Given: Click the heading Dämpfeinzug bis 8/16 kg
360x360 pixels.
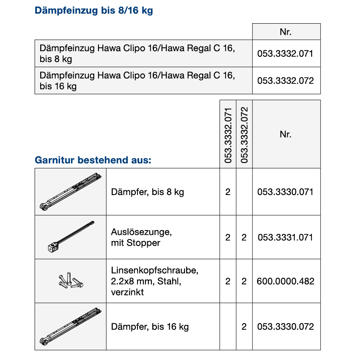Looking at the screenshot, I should tap(93, 11).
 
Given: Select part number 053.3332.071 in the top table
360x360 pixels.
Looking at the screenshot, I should tap(286, 53).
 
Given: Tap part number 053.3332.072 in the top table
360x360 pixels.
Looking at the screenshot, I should tap(286, 80).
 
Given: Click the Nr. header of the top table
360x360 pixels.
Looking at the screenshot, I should tap(286, 32).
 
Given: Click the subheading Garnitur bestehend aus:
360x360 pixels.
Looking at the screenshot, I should tap(93, 160).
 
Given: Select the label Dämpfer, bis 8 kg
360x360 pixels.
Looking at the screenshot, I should tap(147, 192).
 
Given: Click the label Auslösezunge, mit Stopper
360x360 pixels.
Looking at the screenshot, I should tap(136, 237).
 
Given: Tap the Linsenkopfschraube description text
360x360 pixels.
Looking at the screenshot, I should tap(154, 281).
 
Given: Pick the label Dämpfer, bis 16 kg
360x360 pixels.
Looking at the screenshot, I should tap(150, 327).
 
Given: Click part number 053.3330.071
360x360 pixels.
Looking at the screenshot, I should tap(286, 192).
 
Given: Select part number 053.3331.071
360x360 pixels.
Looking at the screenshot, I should tap(286, 237).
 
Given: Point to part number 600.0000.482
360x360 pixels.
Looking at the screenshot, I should tap(286, 281).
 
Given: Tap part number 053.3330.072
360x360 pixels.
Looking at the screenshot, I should tap(286, 327).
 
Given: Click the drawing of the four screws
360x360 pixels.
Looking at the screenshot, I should tap(71, 280).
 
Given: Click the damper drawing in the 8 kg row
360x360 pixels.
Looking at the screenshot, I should tap(71, 192).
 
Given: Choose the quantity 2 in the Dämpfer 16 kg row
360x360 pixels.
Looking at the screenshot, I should tap(244, 327).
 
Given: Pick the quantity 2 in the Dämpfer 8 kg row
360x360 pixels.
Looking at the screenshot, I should tap(228, 192).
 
